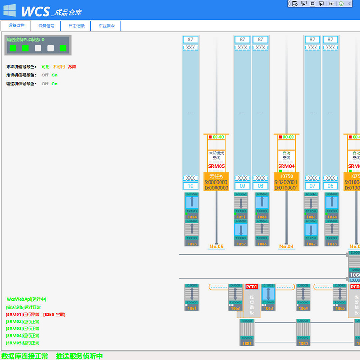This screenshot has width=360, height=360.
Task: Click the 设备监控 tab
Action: pyautogui.click(x=16, y=26)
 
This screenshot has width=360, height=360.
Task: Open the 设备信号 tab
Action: pyautogui.click(x=46, y=26)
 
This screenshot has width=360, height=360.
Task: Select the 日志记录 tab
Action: pyautogui.click(x=76, y=26)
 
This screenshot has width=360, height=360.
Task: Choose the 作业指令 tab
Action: pyautogui.click(x=106, y=26)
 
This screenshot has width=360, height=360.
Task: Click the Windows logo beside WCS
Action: pyautogui.click(x=9, y=11)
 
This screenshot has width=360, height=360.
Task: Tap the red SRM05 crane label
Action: pyautogui.click(x=216, y=166)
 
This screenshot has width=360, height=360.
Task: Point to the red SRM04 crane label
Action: pyautogui.click(x=286, y=166)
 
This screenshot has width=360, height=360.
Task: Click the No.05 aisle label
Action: pyautogui.click(x=216, y=247)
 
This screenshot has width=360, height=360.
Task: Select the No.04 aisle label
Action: pyautogui.click(x=286, y=247)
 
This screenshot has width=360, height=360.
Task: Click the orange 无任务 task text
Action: pyautogui.click(x=216, y=176)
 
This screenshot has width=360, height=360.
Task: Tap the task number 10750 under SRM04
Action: pyautogui.click(x=286, y=176)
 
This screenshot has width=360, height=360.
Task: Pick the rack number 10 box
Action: pyautogui.click(x=191, y=186)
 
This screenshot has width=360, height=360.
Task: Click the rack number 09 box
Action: pyautogui.click(x=242, y=186)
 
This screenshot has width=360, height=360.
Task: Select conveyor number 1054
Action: pyautogui.click(x=192, y=217)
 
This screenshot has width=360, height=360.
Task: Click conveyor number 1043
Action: pyautogui.click(x=262, y=244)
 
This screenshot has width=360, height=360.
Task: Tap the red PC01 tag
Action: pyautogui.click(x=252, y=287)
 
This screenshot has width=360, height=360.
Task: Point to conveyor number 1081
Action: pyautogui.click(x=247, y=343)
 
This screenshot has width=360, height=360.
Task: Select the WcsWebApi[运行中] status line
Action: pyautogui.click(x=27, y=299)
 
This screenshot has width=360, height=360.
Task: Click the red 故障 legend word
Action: pyautogui.click(x=72, y=67)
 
